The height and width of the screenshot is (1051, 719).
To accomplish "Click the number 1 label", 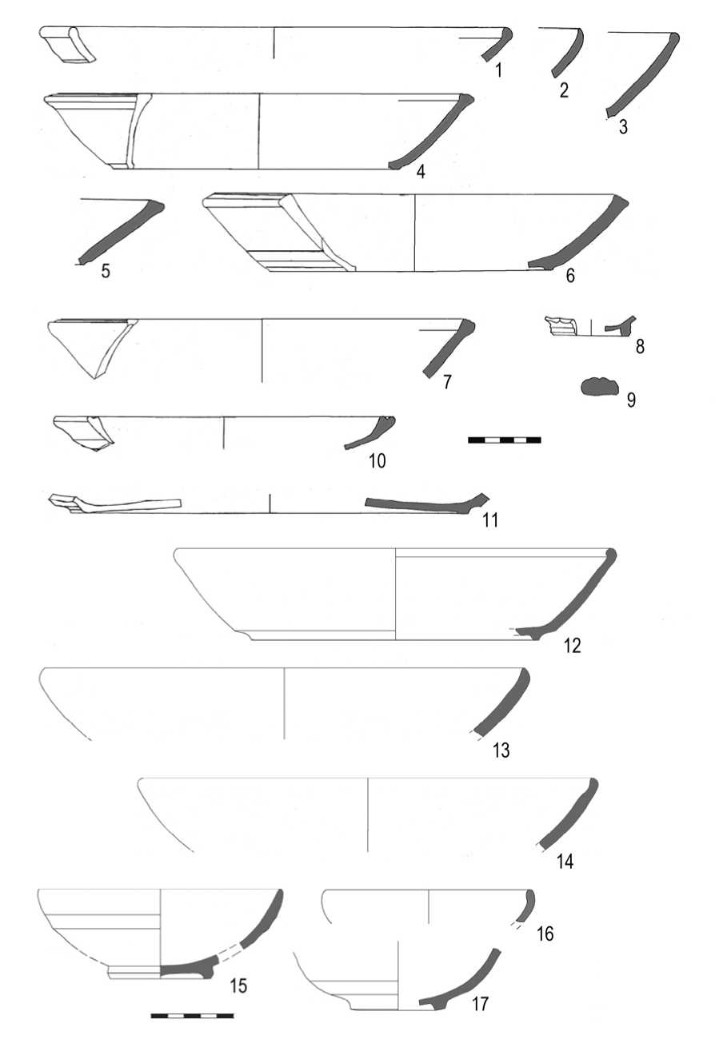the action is coord(499,70).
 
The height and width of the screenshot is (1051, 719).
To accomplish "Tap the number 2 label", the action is coord(564,90).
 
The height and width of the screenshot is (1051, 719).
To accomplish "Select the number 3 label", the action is coord(623,127).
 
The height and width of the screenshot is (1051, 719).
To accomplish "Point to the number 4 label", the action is coord(421,172).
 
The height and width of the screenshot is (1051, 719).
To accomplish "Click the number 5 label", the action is coord(106,271).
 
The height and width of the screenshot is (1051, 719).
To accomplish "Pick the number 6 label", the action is coord(570,276).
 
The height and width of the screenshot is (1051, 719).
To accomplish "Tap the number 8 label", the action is coord(640,347).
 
